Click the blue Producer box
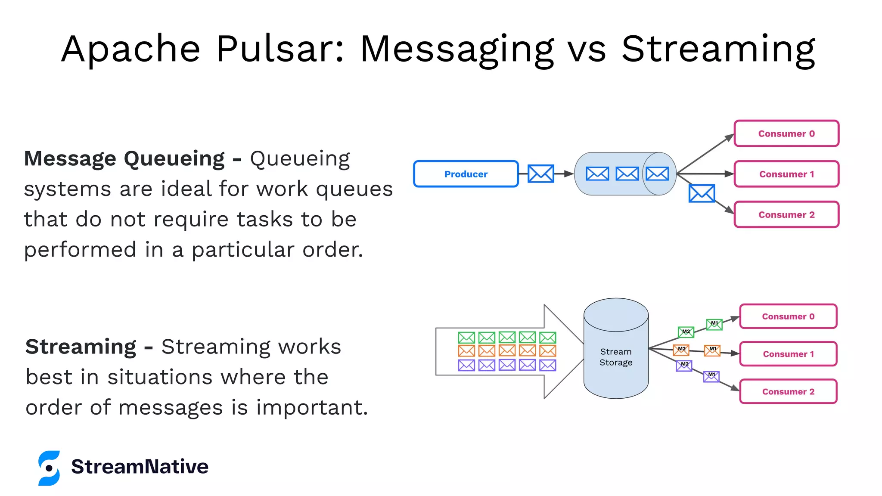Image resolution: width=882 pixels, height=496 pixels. click(x=466, y=174)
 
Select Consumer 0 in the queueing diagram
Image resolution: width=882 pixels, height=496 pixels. click(x=786, y=133)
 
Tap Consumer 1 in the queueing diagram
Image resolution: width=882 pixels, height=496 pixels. click(x=786, y=174)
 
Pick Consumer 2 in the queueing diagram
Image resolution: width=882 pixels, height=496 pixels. click(x=786, y=214)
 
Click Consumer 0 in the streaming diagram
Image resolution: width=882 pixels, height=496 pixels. click(x=788, y=316)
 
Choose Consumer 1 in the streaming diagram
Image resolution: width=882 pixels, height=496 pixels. click(x=788, y=354)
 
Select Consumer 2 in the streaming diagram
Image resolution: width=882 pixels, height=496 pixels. click(x=788, y=391)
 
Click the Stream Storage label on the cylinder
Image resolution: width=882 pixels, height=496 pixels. click(x=616, y=357)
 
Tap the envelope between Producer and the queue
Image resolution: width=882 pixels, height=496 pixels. click(x=541, y=174)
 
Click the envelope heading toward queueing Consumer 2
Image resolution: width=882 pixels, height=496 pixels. click(x=702, y=193)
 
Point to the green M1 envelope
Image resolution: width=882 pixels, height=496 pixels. click(x=714, y=324)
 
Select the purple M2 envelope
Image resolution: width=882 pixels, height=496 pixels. click(x=684, y=366)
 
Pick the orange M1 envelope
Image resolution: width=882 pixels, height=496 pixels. click(x=712, y=350)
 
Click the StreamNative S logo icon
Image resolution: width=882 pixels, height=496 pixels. click(x=49, y=468)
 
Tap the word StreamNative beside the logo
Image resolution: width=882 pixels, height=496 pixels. click(x=140, y=467)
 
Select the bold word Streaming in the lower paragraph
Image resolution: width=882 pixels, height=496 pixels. click(x=81, y=347)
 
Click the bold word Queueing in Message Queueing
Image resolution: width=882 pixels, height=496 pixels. click(x=174, y=159)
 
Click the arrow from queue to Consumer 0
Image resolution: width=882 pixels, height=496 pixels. click(x=705, y=153)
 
